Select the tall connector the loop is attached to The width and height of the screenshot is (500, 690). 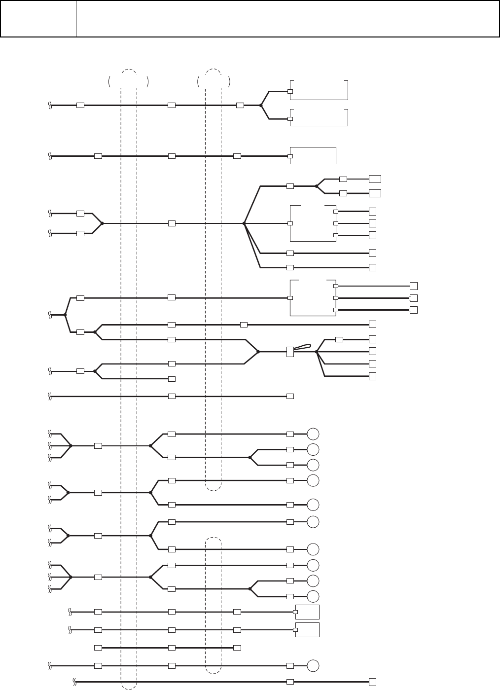(290, 352)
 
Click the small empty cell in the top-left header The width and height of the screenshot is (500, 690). (38, 19)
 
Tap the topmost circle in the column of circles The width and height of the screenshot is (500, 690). (313, 434)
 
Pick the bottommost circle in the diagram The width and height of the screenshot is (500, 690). (313, 666)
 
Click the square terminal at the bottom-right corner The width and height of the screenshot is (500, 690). (373, 682)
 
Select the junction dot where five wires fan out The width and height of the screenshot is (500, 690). (244, 223)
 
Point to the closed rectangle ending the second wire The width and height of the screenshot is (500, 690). (313, 155)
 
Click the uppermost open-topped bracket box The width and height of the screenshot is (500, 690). (319, 89)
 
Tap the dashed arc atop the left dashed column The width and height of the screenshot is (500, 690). (128, 72)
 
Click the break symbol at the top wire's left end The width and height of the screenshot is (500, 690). (50, 105)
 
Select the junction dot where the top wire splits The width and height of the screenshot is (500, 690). (261, 105)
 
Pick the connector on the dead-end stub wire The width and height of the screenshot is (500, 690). (172, 379)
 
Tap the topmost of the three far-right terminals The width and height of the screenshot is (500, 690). (414, 286)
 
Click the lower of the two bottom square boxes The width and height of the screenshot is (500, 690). (307, 630)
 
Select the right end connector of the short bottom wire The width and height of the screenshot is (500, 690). (237, 647)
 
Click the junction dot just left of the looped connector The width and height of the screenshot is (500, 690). (258, 352)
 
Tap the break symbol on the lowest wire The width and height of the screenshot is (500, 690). (74, 682)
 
